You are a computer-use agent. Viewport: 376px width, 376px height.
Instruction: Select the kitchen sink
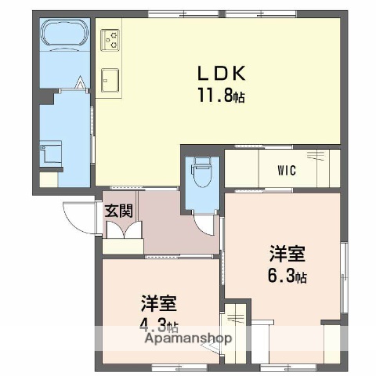click(110, 78)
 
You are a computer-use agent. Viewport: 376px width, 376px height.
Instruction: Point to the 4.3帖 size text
click(159, 326)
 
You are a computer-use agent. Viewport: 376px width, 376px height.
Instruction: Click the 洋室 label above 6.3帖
click(287, 254)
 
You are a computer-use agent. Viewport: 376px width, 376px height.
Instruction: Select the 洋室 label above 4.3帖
click(158, 302)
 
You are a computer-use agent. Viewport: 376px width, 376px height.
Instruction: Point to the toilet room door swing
click(205, 224)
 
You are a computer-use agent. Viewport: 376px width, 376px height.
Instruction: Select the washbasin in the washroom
click(52, 153)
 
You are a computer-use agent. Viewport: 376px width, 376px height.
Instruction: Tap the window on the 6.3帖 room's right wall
click(343, 270)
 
